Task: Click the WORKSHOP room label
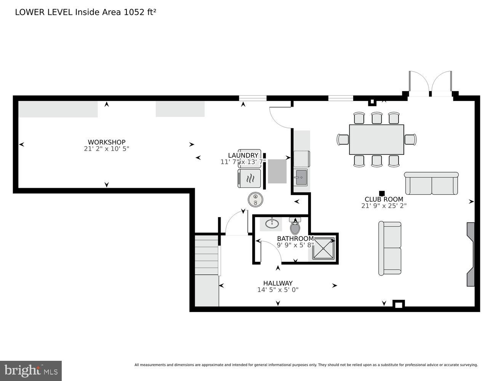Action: point(106,142)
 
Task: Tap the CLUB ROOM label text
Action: point(384,199)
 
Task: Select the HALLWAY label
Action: point(278,283)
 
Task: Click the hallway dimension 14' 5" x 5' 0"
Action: point(278,290)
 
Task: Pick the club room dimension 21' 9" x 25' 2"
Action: point(384,206)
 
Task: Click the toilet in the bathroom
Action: point(295,226)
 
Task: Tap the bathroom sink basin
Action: point(272,223)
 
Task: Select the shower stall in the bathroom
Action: point(323,248)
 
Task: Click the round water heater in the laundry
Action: point(255,199)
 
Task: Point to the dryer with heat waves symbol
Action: point(250,178)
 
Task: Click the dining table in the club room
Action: point(376,139)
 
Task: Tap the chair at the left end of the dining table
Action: point(343,139)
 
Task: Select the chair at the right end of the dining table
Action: point(410,139)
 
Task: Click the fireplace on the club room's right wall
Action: point(471,254)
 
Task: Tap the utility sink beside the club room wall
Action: point(301,177)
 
